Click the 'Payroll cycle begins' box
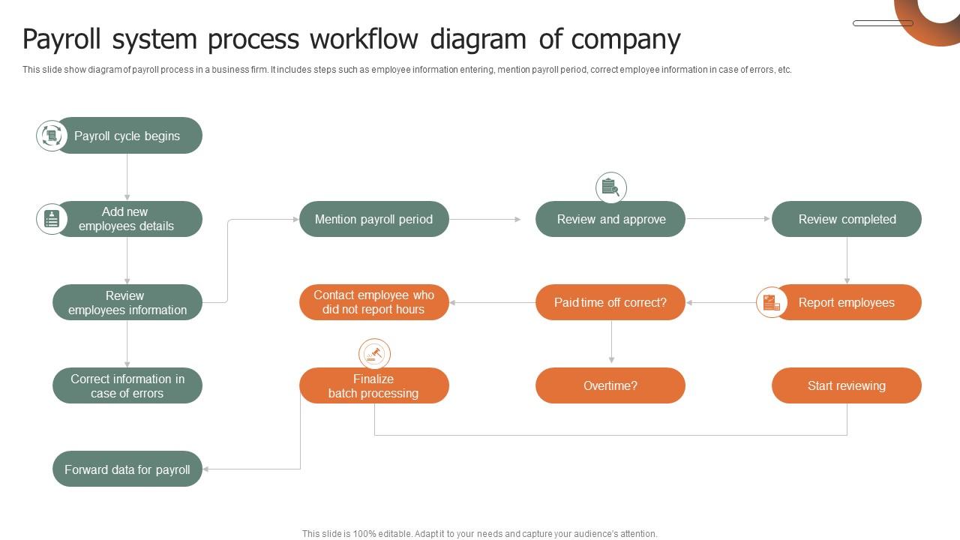127,136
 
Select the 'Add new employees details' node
127,219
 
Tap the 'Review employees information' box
127,302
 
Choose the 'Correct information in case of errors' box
127,385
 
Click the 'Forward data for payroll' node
127,469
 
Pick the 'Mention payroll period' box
374,219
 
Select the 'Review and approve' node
610,219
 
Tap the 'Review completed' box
847,219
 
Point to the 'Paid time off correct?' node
610,302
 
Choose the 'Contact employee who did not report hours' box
374,302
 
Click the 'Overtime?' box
610,385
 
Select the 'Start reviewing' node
847,385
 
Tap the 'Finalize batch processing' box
374,385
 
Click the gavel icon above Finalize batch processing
374,353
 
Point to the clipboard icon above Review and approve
611,187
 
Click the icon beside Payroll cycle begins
52,136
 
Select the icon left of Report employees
771,302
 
